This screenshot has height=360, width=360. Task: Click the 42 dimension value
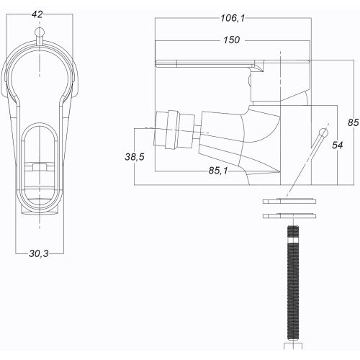pos(37,14)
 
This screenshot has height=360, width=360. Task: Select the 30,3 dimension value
pos(39,253)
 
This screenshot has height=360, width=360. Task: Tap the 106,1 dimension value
pos(233,18)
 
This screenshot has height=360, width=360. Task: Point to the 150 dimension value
pos(232,40)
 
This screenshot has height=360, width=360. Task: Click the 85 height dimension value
pos(354,122)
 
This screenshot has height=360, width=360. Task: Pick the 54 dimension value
pos(338,145)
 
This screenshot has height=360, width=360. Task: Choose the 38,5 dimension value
pos(135,157)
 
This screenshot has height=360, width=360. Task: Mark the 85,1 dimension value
pos(218,171)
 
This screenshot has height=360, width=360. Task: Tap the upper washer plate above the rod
pos(289,201)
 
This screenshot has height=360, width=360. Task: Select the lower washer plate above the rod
pos(289,216)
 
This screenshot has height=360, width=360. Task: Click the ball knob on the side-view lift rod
pos(324,132)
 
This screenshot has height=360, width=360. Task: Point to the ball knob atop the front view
pos(39,32)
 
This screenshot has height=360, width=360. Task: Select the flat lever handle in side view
pos(233,63)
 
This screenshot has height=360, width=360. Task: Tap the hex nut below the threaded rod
pos(293,346)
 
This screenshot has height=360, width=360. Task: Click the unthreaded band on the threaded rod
pos(293,240)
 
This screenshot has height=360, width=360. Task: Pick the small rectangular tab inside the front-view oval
pos(39,167)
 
